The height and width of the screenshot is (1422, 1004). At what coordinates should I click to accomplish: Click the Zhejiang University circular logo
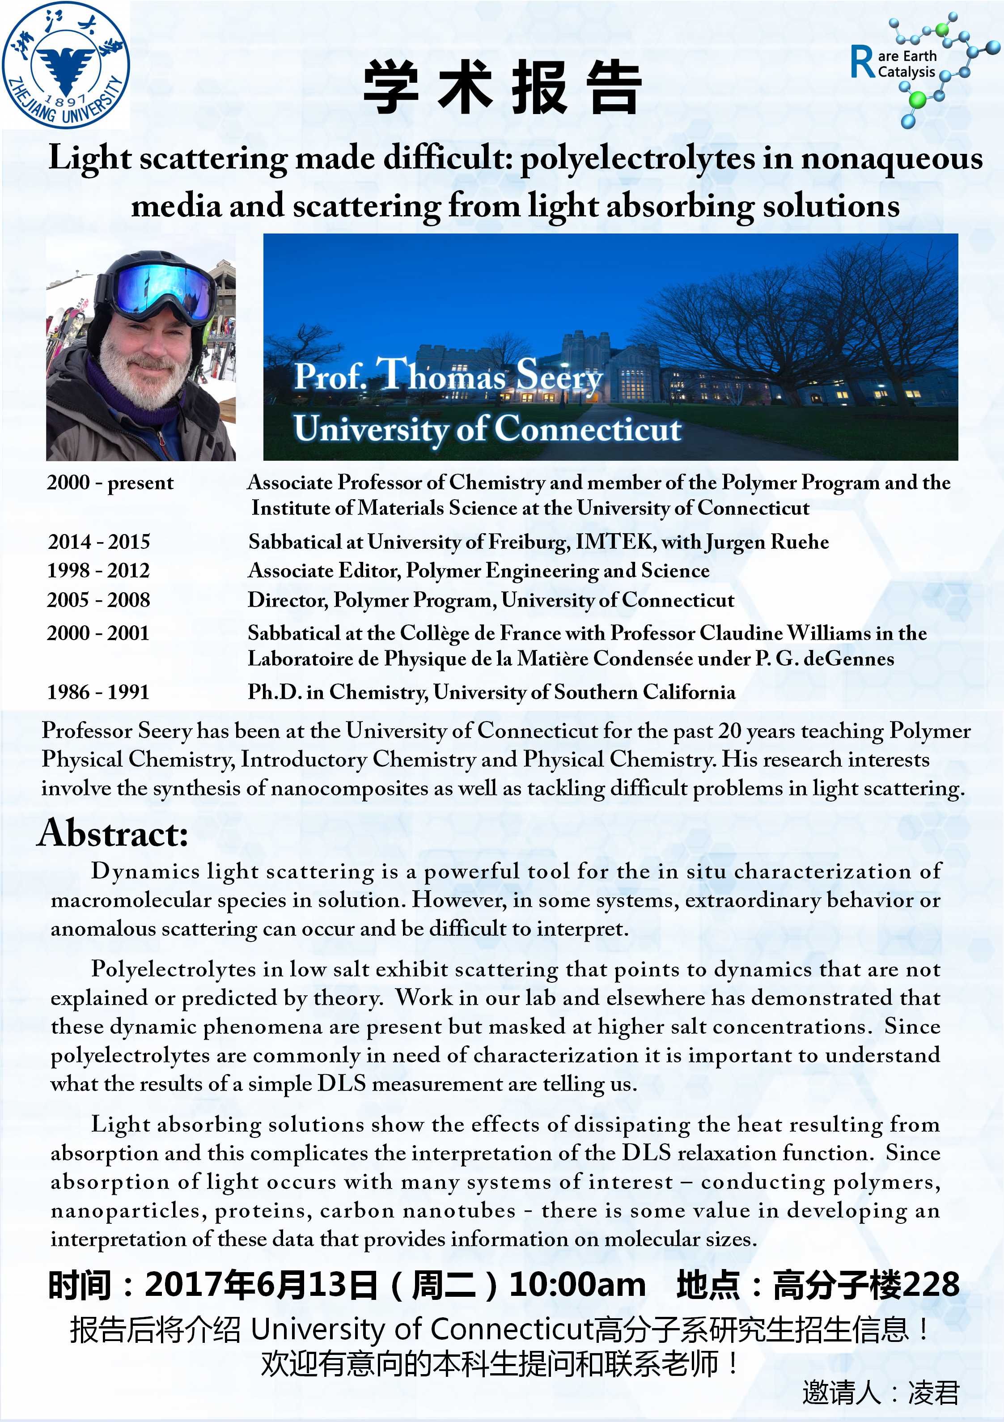pos(65,64)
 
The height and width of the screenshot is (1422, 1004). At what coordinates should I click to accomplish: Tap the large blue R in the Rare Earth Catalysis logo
pos(863,63)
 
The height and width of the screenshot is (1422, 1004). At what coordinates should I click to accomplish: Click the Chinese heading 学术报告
pos(502,88)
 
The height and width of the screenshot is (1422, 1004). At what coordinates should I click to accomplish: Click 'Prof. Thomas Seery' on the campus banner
pos(448,375)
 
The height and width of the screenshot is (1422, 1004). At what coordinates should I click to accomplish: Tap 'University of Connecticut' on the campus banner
pos(487,429)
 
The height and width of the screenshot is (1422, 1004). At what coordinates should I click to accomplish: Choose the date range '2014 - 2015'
pos(99,542)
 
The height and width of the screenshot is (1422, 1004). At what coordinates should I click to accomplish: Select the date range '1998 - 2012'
pos(99,570)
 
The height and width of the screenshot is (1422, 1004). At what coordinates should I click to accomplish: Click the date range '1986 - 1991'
pos(99,692)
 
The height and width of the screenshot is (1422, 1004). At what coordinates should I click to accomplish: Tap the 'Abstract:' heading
pos(113,833)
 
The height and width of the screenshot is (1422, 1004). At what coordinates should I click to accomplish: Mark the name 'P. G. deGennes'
pos(824,658)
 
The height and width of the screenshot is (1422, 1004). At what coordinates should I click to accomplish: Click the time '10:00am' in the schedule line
pos(576,1285)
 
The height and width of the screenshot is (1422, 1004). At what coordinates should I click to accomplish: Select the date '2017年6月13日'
pos(261,1285)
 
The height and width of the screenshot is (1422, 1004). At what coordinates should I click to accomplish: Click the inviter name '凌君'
pos(933,1393)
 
